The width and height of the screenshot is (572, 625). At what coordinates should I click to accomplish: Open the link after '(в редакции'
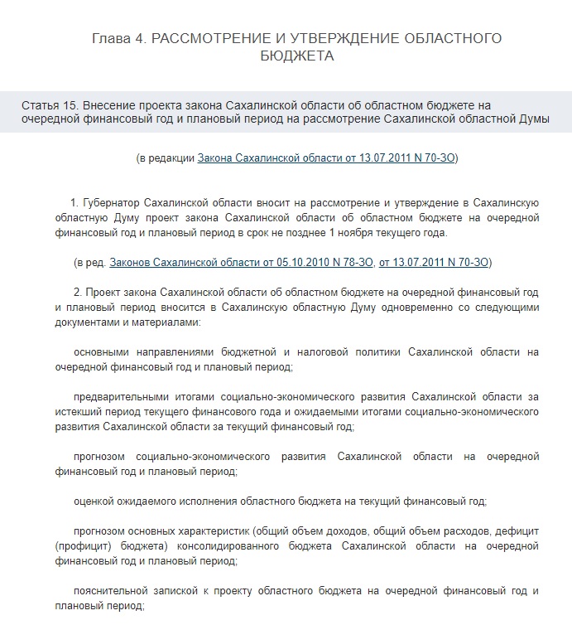327,157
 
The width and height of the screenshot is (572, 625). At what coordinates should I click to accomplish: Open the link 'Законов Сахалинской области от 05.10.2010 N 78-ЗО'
241,262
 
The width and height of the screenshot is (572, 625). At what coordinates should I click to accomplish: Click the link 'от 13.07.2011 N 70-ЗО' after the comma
433,262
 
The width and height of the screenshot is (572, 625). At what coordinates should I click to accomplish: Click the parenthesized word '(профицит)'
83,546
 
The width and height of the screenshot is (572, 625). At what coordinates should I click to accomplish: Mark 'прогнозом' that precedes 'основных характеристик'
99,531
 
